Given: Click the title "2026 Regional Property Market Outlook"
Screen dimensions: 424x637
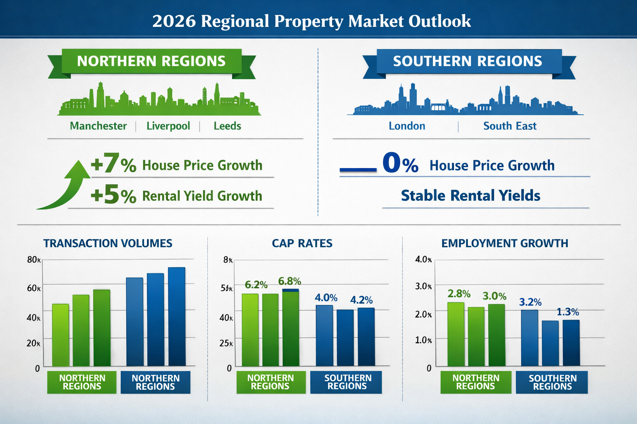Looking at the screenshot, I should click(311, 21).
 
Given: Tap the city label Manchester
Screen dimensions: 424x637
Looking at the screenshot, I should click(98, 126).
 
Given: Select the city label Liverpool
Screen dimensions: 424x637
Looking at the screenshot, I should click(168, 126).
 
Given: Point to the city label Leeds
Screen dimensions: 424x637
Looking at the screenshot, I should click(227, 126).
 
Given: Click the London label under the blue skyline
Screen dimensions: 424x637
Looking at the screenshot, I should click(407, 126).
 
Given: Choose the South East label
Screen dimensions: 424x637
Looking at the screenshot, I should click(510, 126).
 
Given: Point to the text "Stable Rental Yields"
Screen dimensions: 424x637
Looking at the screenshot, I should click(470, 195).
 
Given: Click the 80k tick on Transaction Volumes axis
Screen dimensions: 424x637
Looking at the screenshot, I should click(34, 260).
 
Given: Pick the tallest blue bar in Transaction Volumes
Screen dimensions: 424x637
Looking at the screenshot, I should click(177, 316).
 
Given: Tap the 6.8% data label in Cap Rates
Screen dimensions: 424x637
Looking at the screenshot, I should click(289, 282).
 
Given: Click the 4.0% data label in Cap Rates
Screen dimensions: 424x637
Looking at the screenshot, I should click(326, 298).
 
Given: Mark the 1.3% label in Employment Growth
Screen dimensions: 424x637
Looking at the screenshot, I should click(568, 312).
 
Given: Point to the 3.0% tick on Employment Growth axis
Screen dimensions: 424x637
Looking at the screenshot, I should click(423, 287).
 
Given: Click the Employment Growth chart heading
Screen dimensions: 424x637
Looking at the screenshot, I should click(505, 243).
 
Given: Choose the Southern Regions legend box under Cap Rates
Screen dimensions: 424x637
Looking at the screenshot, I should click(348, 382).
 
